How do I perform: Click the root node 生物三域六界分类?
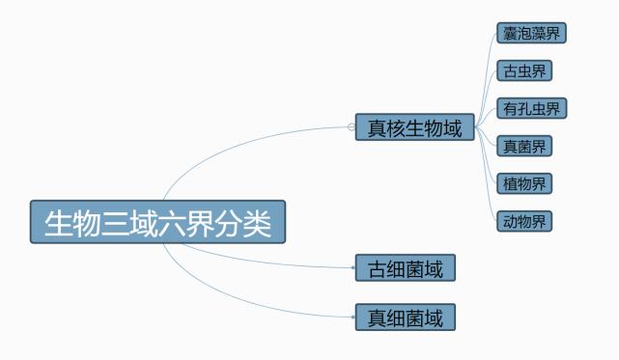coord(158,222)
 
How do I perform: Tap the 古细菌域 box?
coord(405,268)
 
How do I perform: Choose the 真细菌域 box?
coord(405,317)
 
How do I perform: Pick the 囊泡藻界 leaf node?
coord(530,34)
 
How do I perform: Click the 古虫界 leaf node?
coord(524,71)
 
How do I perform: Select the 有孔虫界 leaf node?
coord(530,108)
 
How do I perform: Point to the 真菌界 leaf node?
coord(524,147)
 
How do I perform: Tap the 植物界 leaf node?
coord(524,183)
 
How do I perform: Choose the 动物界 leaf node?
coord(524,221)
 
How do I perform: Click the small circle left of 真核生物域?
coord(351,126)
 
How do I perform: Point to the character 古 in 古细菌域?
coord(375,268)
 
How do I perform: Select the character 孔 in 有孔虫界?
coord(522,108)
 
